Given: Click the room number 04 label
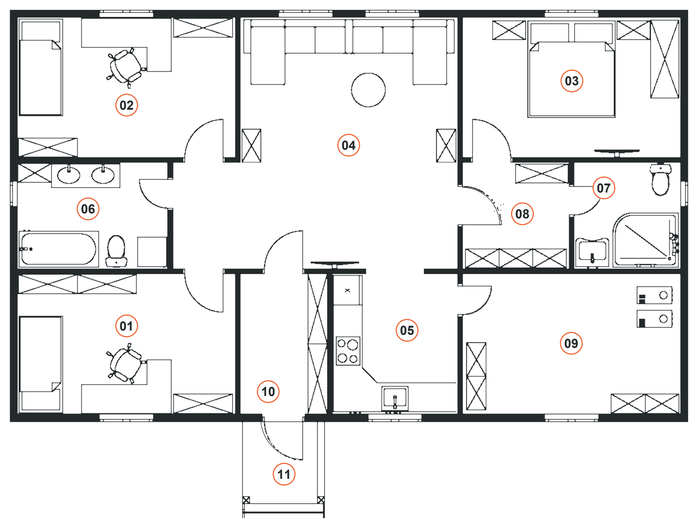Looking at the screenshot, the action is (x=349, y=145).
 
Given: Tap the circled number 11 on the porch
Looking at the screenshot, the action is (x=284, y=475).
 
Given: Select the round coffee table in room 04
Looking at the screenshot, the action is (x=368, y=90).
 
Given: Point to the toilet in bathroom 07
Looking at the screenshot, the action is (x=660, y=180).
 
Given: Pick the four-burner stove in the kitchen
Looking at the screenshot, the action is (x=348, y=351).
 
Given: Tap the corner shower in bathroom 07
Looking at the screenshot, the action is (x=645, y=240).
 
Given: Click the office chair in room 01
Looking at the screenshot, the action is (x=126, y=364).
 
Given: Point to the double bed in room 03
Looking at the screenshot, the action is (x=571, y=69).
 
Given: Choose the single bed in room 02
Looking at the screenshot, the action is (x=40, y=67).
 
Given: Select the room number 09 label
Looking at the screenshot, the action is (x=571, y=343).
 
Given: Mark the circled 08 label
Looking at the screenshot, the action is (x=522, y=214).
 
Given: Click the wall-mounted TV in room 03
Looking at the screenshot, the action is (x=617, y=152).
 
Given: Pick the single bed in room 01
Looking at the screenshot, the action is (x=40, y=364).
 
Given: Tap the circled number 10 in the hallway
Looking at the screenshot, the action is (x=268, y=392).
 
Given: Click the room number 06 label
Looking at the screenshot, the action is (x=88, y=209).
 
